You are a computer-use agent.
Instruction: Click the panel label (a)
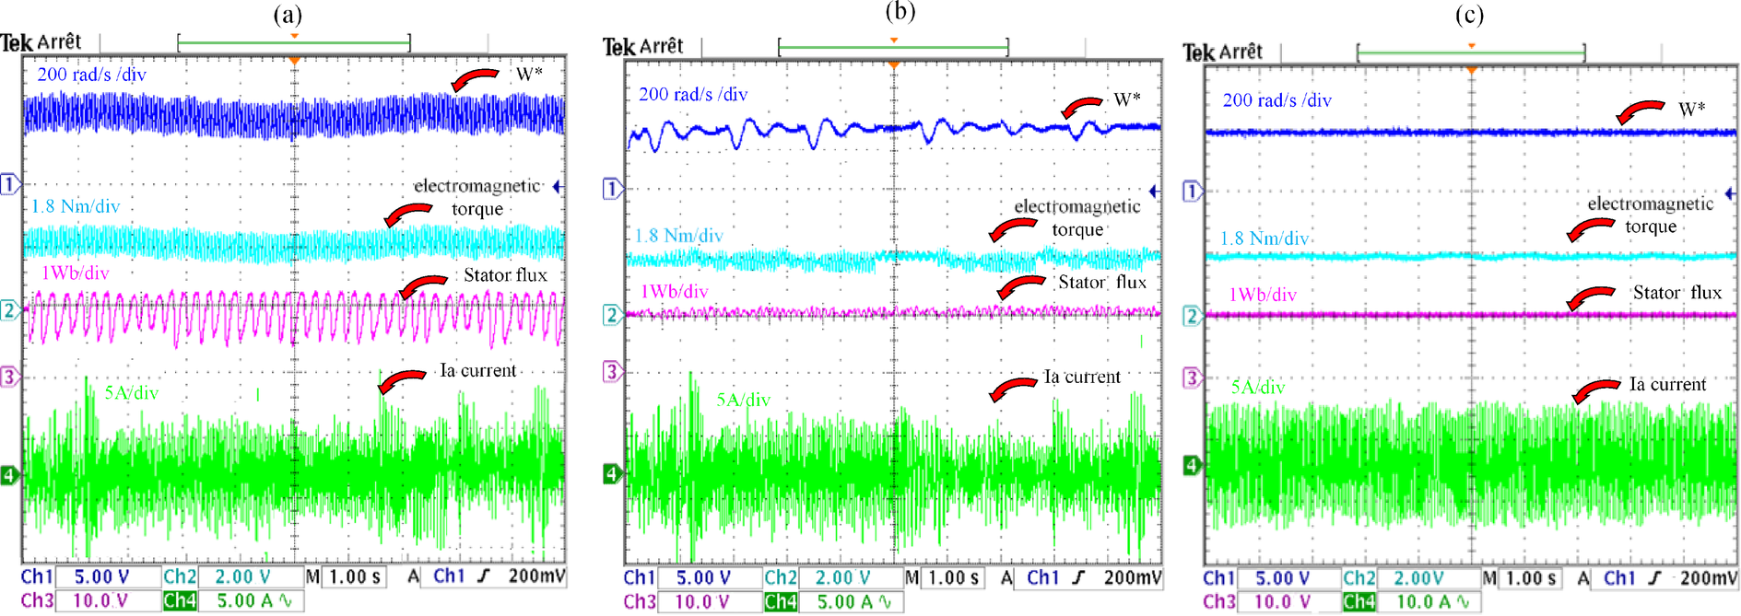288,15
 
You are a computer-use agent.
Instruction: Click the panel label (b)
900,11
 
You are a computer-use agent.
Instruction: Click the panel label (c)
1469,15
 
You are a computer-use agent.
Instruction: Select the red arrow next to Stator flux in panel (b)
1020,286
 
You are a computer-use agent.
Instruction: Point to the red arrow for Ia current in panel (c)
1595,389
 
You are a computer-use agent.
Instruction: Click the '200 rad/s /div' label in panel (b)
693,94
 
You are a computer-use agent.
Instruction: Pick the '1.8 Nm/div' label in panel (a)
76,206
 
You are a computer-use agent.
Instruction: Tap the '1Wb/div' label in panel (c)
1263,295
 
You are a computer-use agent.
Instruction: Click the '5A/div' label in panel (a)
132,393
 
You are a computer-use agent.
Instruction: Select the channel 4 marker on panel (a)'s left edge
9,475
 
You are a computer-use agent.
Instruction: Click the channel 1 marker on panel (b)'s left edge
612,189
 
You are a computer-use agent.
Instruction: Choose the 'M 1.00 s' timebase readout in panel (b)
944,577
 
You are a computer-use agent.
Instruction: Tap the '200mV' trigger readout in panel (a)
536,576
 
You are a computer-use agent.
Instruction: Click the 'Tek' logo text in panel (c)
1199,52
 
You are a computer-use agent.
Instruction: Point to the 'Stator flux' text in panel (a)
505,275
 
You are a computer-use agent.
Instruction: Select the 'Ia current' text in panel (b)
1082,377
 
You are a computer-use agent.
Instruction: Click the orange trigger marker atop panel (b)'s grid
893,64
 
